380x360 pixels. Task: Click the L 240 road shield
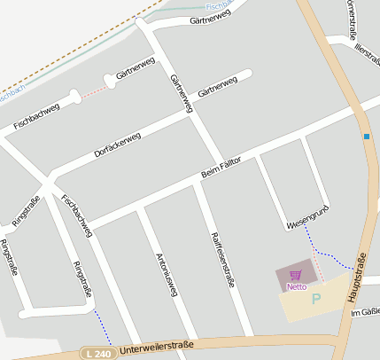pyautogui.click(x=99, y=353)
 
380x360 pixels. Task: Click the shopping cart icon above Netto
pyautogui.click(x=296, y=276)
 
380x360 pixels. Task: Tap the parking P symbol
pyautogui.click(x=315, y=299)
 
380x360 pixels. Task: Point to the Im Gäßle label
pyautogui.click(x=365, y=313)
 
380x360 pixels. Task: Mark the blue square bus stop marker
pyautogui.click(x=366, y=137)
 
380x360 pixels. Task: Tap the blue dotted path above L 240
pyautogui.click(x=103, y=327)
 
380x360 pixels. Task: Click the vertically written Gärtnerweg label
pyautogui.click(x=181, y=91)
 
